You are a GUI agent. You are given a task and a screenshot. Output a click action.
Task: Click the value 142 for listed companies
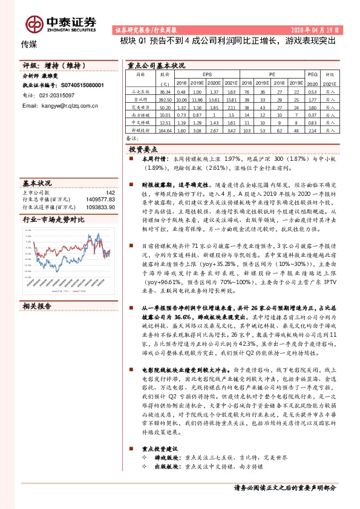(110, 192)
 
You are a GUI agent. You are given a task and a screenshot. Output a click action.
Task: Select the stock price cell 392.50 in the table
(165, 99)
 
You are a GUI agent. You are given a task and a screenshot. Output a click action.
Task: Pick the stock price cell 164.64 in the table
(165, 130)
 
